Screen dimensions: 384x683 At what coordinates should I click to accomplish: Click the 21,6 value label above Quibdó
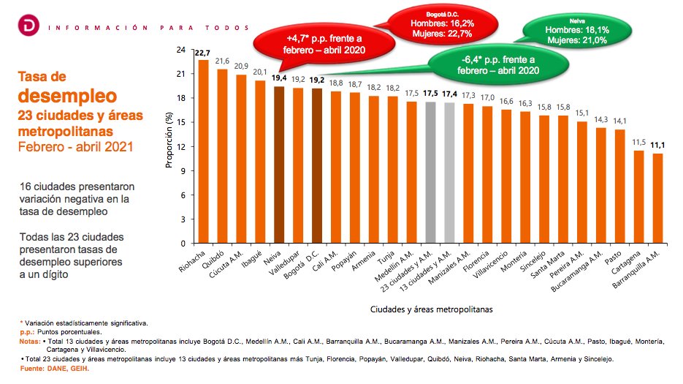click(222, 61)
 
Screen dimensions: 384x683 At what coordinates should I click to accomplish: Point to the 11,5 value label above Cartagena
click(638, 143)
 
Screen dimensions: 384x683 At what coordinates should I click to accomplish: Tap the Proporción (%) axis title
click(169, 142)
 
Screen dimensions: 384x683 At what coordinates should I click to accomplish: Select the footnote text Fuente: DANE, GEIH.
click(54, 368)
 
